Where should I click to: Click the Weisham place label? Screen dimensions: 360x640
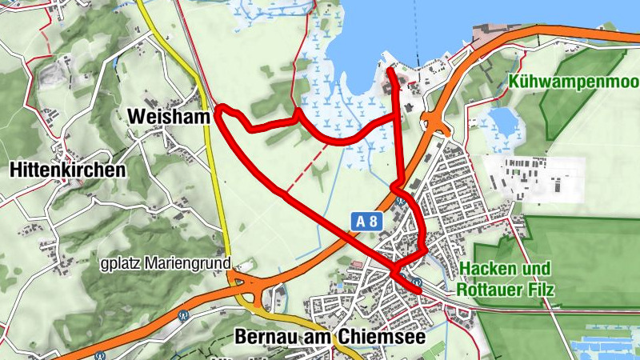pos(168,116)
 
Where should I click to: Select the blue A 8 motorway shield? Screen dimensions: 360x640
pos(364,219)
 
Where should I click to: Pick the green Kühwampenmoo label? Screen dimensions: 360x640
pos(573,82)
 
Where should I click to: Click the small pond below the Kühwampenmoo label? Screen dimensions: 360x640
pos(503,122)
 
